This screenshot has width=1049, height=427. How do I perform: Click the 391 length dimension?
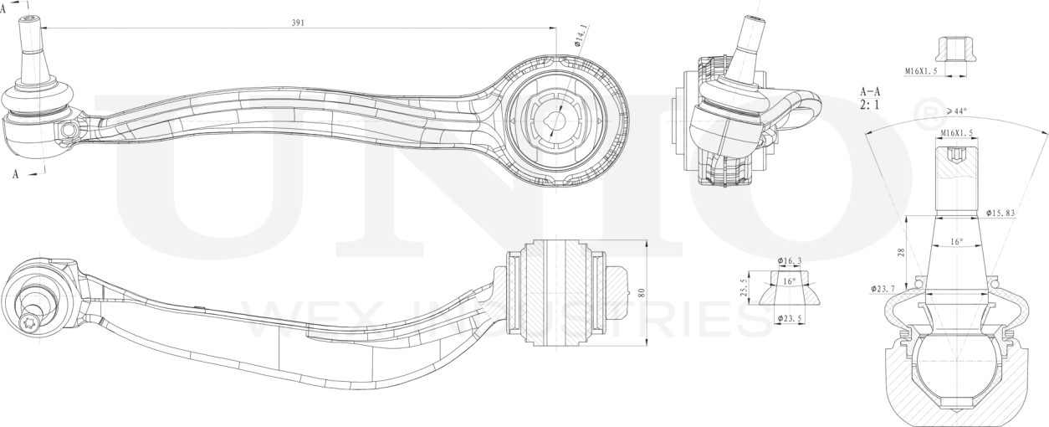point(297,23)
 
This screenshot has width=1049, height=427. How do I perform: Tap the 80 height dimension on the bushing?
point(642,293)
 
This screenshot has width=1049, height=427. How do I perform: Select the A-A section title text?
point(870,92)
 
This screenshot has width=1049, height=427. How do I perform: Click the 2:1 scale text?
point(870,106)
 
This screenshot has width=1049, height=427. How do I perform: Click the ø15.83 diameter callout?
point(1000,213)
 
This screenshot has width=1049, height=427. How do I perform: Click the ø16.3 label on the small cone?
point(789,261)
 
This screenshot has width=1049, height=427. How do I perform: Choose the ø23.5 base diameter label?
point(789,319)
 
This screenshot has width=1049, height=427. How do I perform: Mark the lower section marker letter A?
point(15,174)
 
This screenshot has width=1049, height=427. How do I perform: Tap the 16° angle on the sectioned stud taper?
point(956,242)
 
